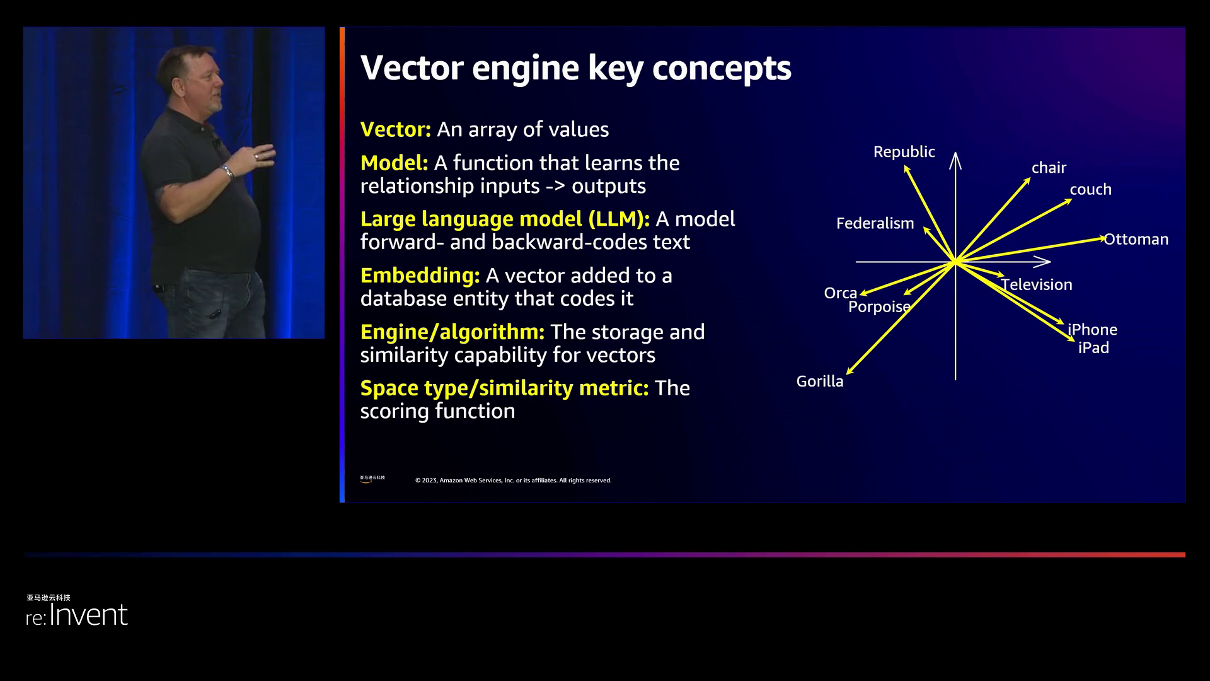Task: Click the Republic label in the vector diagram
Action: pyautogui.click(x=904, y=152)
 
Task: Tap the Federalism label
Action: pyautogui.click(x=875, y=223)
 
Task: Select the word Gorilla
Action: pyautogui.click(x=819, y=381)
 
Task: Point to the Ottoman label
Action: pyautogui.click(x=1136, y=240)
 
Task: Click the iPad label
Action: pyautogui.click(x=1093, y=348)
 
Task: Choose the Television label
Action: pyautogui.click(x=1037, y=285)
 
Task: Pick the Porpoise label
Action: pyautogui.click(x=879, y=307)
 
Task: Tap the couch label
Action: pyautogui.click(x=1090, y=190)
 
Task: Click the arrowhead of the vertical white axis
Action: pyautogui.click(x=955, y=158)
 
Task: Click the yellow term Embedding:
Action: pyautogui.click(x=420, y=276)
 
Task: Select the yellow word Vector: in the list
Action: pyautogui.click(x=395, y=129)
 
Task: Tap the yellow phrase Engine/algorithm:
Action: pyautogui.click(x=452, y=332)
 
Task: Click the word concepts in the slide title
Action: pyautogui.click(x=721, y=68)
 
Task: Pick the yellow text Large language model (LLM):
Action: pyautogui.click(x=505, y=219)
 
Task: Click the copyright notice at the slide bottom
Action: pyautogui.click(x=513, y=480)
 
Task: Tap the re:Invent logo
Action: pyautogui.click(x=77, y=614)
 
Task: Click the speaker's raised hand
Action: pyautogui.click(x=265, y=154)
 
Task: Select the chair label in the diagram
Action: pyautogui.click(x=1049, y=168)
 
